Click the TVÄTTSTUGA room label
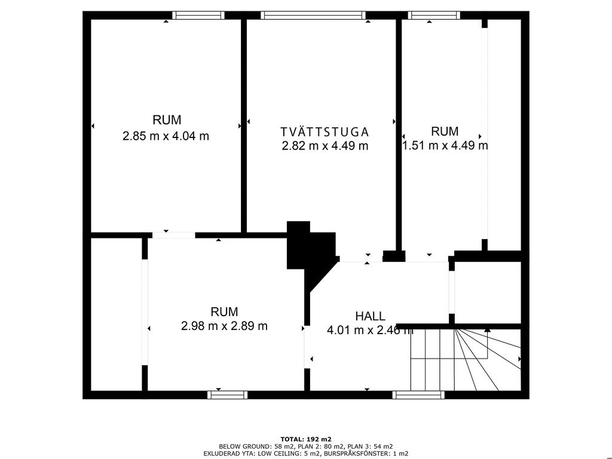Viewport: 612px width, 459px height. pos(325,131)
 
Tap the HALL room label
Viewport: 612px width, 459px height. pos(370,316)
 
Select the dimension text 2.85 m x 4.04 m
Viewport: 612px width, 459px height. pos(166,136)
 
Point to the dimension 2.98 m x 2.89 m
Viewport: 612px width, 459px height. pos(224,326)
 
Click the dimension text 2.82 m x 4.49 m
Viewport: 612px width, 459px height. pos(325,146)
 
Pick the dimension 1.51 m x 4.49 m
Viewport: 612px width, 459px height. pos(445,146)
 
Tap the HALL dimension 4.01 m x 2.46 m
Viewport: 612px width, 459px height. pos(369,330)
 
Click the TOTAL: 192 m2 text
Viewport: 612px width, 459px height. pos(306,439)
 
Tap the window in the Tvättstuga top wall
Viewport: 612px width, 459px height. pos(313,15)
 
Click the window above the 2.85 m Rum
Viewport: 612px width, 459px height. pos(198,15)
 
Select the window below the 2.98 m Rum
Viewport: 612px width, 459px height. pos(227,395)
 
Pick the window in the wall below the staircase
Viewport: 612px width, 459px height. pos(418,395)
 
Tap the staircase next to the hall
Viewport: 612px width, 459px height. pos(466,359)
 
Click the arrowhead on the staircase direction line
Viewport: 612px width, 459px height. pos(487,330)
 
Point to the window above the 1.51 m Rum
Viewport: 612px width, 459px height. pos(434,15)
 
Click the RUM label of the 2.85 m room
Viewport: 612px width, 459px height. pos(167,120)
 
